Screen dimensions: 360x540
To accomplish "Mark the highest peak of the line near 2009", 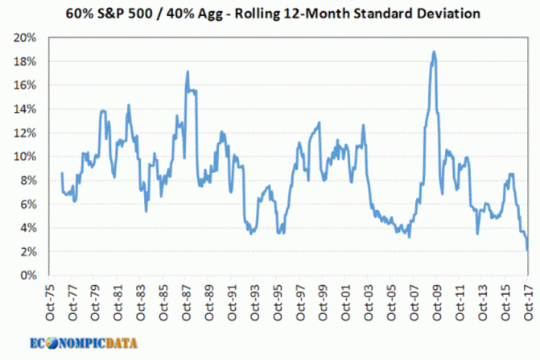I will pos(434,52).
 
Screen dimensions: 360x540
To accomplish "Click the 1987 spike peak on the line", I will pos(188,72).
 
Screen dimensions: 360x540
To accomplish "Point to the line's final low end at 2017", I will pos(528,250).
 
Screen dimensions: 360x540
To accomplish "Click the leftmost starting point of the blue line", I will pos(62,173).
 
